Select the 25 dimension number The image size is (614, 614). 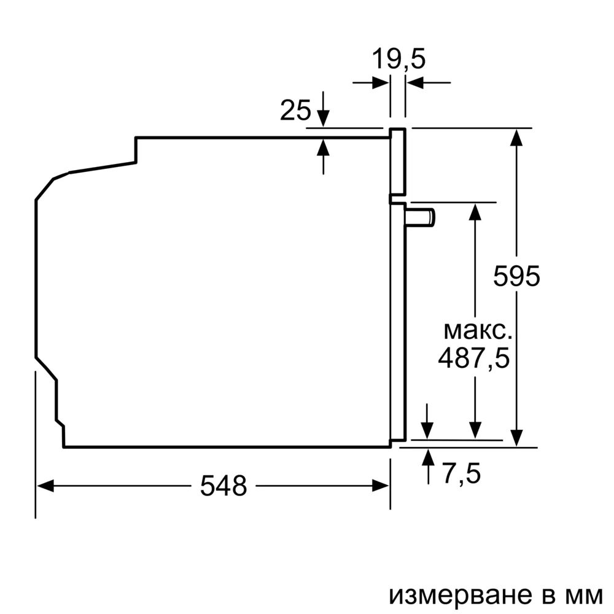[295, 111]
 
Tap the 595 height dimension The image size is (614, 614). [517, 276]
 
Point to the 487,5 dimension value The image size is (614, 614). [474, 357]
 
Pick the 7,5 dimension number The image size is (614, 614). [461, 473]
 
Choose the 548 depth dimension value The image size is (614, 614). [223, 486]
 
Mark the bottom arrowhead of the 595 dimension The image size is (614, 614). [518, 438]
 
